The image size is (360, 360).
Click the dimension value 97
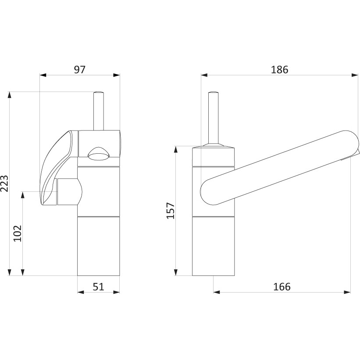(80, 69)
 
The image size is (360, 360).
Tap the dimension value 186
(279, 69)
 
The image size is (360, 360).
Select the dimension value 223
(4, 184)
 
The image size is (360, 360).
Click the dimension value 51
(98, 287)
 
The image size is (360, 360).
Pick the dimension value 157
(171, 211)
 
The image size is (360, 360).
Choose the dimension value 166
(282, 287)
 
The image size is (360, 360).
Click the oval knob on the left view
(99, 154)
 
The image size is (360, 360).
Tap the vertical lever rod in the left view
(99, 111)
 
